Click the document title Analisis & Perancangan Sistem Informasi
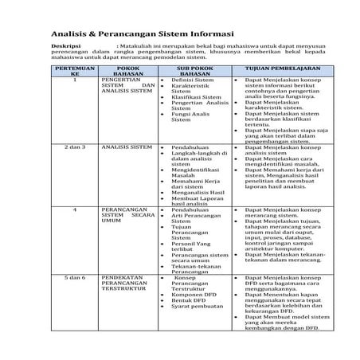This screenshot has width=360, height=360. tap(142, 35)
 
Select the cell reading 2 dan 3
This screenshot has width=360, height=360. tap(74, 147)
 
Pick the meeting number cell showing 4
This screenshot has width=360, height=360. tap(74, 209)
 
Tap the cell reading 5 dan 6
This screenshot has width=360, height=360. tap(74, 276)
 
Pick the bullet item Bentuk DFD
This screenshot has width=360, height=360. tap(189, 302)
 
